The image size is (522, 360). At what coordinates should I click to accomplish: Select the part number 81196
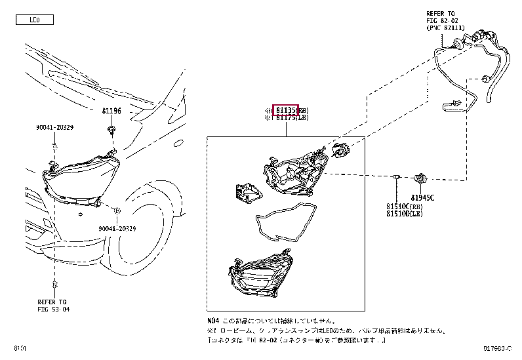click(111, 111)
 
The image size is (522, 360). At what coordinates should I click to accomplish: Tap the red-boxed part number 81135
click(286, 110)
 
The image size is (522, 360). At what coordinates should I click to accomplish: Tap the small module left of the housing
click(247, 191)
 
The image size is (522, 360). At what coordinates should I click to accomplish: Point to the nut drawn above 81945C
click(423, 177)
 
